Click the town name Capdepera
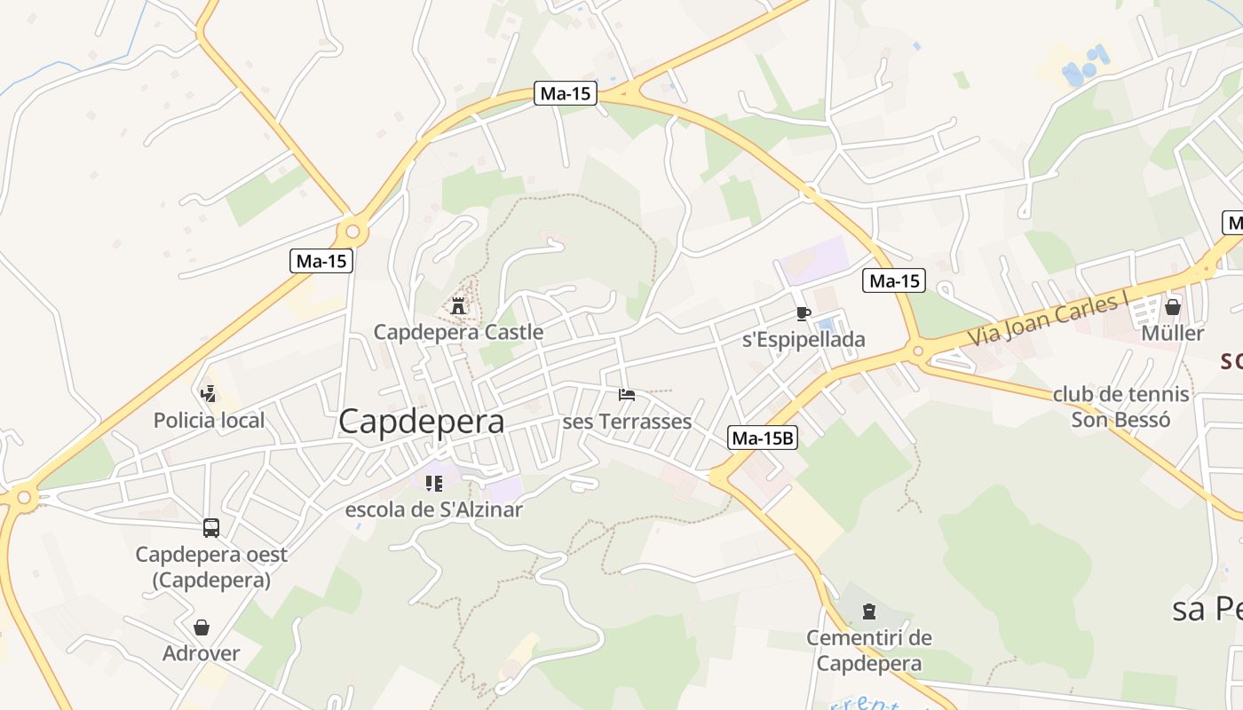422,422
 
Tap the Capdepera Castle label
458,333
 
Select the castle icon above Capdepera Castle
458,306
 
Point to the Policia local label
210,421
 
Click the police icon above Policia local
209,393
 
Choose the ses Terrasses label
627,422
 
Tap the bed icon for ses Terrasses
627,394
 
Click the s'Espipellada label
804,340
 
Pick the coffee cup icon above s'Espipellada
804,313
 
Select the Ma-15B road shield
763,438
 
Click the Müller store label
1173,334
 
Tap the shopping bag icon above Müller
1173,307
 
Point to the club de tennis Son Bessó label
1121,407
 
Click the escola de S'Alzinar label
433,509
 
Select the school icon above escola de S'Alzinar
433,484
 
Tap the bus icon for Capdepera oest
211,528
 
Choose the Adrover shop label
202,654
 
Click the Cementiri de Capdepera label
869,651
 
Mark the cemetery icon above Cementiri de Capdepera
869,611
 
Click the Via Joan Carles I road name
1047,321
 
